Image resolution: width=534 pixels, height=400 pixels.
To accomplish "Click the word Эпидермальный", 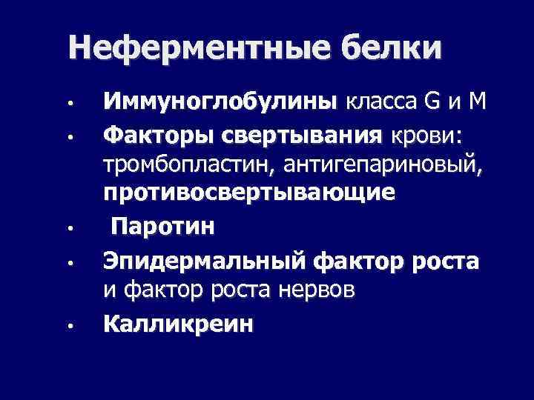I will (x=205, y=261).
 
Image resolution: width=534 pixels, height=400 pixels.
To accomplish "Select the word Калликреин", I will (x=177, y=323).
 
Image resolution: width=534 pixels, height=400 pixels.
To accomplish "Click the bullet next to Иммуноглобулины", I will (x=67, y=101).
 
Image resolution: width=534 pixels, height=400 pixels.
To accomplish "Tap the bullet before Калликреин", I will (x=67, y=324).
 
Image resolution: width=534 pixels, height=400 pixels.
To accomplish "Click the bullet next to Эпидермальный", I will (x=67, y=261).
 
